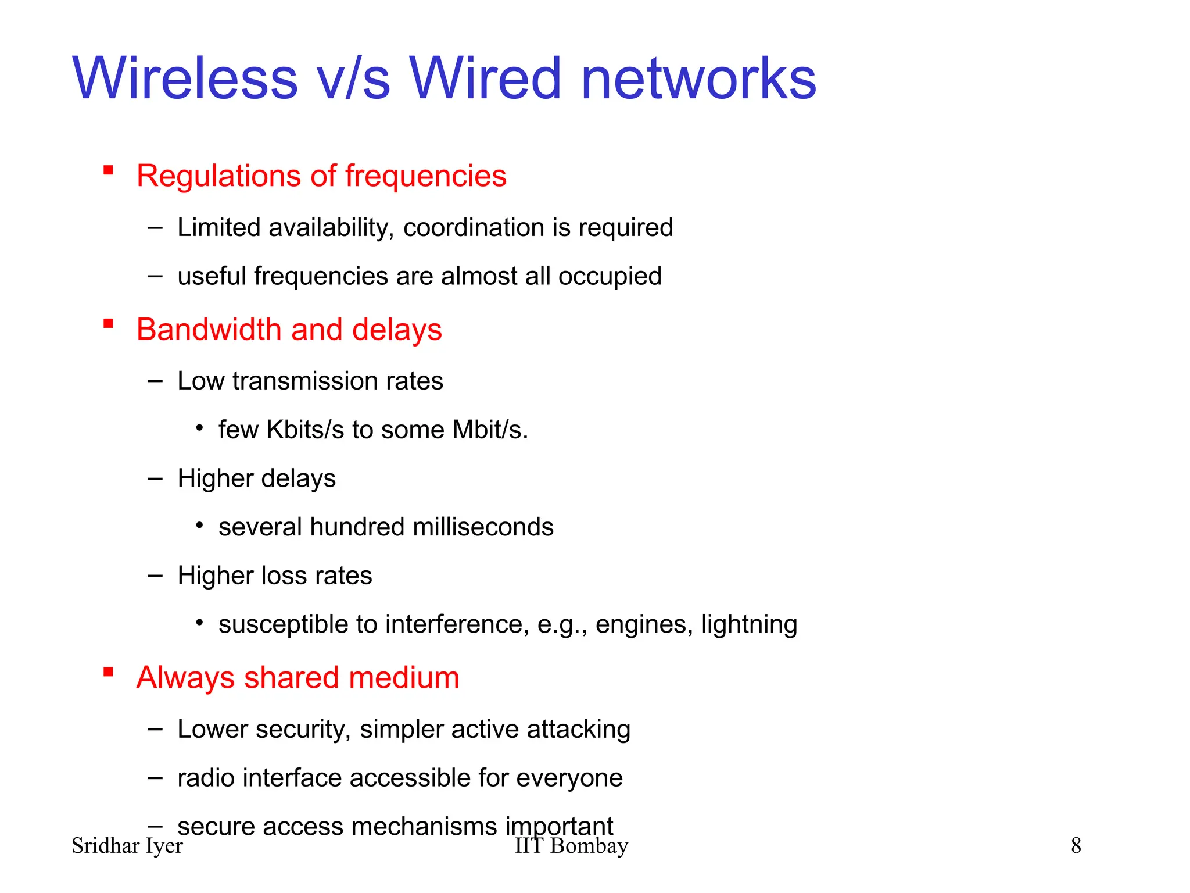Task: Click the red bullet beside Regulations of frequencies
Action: tap(108, 170)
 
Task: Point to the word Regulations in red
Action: tap(219, 176)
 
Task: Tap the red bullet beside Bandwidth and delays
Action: tap(108, 324)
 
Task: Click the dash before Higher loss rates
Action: tap(155, 576)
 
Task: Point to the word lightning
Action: tap(749, 624)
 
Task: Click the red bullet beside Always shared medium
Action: tap(108, 672)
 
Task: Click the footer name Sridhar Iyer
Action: tap(127, 846)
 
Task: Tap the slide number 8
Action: tap(1076, 846)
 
